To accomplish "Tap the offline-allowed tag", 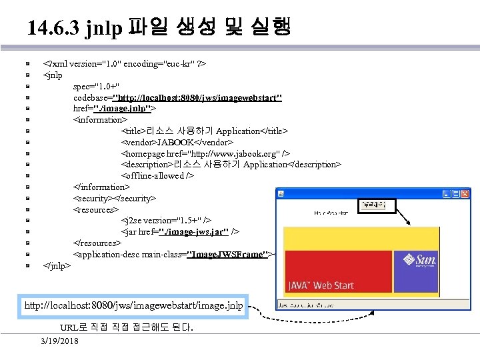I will pyautogui.click(x=157, y=176).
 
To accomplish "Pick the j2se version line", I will pyautogui.click(x=167, y=221).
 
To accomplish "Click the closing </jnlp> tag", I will pyautogui.click(x=57, y=265).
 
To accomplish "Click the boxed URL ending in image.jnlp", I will pyautogui.click(x=133, y=306).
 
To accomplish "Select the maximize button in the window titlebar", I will pyautogui.click(x=456, y=193).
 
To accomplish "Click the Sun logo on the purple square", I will pyautogui.click(x=425, y=260).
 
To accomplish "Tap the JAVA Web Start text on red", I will pyautogui.click(x=321, y=285).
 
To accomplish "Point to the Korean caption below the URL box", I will pyautogui.click(x=127, y=328).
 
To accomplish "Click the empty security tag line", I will pyautogui.click(x=115, y=198).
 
